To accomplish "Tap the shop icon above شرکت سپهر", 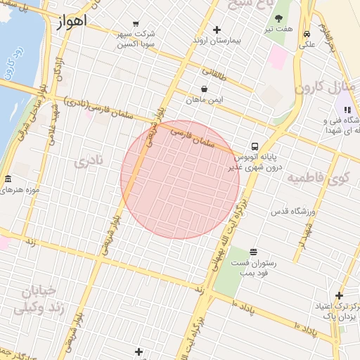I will (x=136, y=22).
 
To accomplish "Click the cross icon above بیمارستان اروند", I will (x=217, y=30).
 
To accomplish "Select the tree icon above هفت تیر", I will (x=279, y=18).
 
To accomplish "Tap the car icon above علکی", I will (x=307, y=34).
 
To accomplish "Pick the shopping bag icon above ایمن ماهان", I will (x=204, y=89).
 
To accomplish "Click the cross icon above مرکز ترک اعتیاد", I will (x=340, y=295).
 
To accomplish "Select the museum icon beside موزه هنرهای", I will (x=8, y=179).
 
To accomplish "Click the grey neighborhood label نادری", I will (x=89, y=162).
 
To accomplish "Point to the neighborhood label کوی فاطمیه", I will (x=319, y=178).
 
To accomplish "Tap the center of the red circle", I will (x=180, y=179).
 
